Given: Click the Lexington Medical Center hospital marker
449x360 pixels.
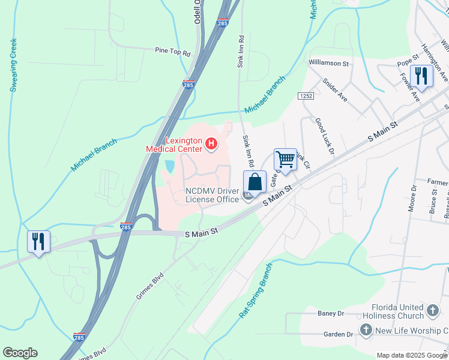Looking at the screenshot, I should pos(211,143).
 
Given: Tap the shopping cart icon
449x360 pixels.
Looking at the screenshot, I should pos(285,160).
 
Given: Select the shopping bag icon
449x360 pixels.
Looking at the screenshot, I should pos(255,182).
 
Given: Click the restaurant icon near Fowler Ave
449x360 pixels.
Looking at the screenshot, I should pos(421,76).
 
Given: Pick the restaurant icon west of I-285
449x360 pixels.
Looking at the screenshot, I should pos(38,242).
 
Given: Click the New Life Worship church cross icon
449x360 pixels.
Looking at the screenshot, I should pos(366,329).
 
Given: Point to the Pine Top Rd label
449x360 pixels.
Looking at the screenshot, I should pos(172,52).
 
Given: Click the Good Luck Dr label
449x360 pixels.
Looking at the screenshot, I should pos(324,136).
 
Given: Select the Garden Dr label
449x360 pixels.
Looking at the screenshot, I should pos(338,334).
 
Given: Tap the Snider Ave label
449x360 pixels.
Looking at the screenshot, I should pos(335,89).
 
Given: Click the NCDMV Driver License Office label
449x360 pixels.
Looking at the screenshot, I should pos(212,195).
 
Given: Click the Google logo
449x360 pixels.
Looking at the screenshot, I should pos(20,353).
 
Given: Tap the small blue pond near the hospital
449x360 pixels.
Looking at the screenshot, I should pos(169,165).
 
